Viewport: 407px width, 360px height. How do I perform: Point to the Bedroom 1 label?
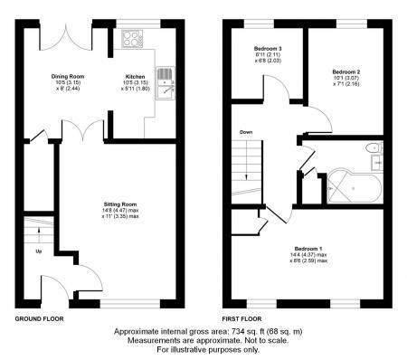point(309,248)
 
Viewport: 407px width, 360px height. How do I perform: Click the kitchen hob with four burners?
point(133,40)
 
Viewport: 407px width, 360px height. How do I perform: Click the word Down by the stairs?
point(246,133)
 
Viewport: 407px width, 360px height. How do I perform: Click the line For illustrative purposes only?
point(203,349)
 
